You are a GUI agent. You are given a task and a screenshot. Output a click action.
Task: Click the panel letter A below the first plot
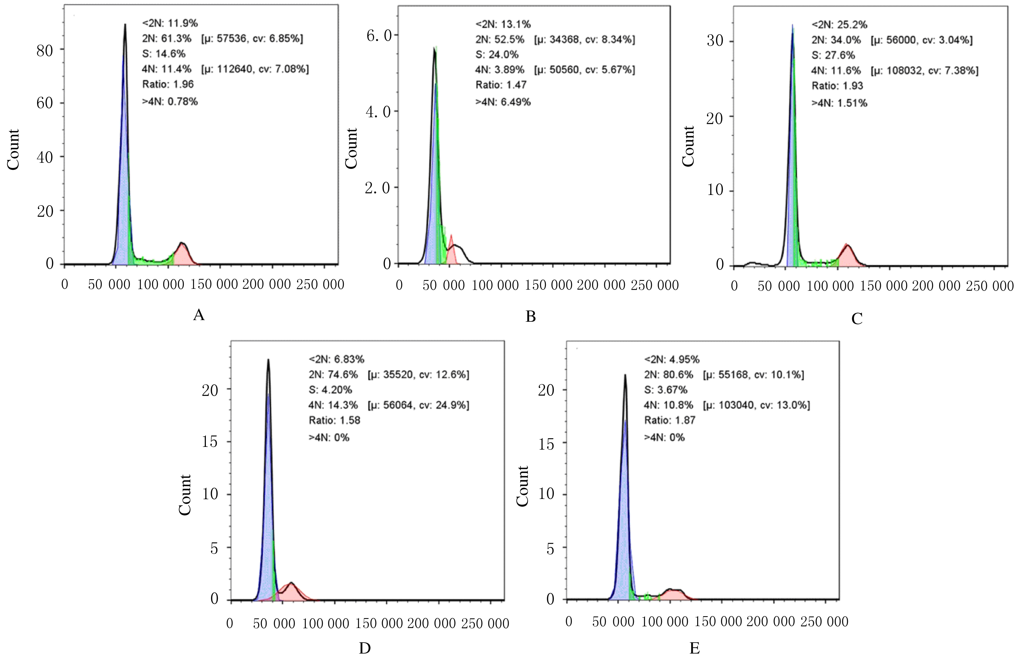pos(199,315)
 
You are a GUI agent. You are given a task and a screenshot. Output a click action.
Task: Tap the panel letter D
pos(364,649)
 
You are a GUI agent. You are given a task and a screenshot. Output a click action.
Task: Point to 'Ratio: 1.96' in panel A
pos(168,84)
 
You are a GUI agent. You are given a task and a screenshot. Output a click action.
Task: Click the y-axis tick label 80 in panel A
pos(44,50)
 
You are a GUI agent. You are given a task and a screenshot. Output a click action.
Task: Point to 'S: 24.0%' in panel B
pos(497,55)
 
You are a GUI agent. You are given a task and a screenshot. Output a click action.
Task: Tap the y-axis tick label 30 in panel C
pos(715,41)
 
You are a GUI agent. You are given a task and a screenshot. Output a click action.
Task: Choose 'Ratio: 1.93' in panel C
pos(837,86)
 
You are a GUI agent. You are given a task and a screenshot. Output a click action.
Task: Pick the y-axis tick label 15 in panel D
pos(210,442)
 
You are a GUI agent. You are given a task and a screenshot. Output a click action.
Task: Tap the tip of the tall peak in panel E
pos(625,376)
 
